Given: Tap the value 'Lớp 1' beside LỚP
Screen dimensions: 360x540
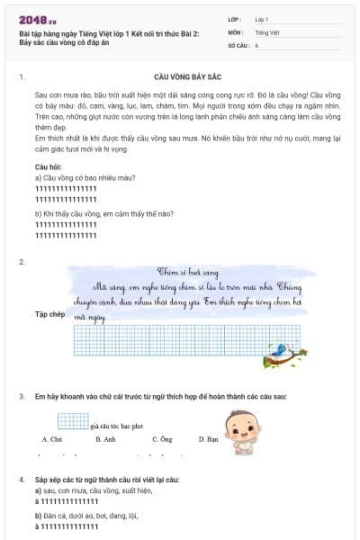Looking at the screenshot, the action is pyautogui.click(x=262, y=18).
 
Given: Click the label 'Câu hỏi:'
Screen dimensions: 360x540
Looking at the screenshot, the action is pyautogui.click(x=49, y=168).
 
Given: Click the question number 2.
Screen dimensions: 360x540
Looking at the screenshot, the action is pyautogui.click(x=21, y=262).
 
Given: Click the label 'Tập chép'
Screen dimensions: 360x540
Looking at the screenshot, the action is pyautogui.click(x=49, y=314).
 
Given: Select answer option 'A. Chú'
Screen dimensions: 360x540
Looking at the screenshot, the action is pyautogui.click(x=51, y=439).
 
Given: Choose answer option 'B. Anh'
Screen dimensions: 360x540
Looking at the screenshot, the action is pyautogui.click(x=105, y=439).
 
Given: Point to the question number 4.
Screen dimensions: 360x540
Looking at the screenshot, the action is pyautogui.click(x=21, y=470).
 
